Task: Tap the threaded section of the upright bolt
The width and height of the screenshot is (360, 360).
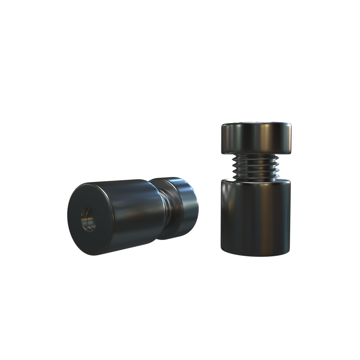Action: pyautogui.click(x=256, y=166)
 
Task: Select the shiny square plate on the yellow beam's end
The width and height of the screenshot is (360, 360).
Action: pyautogui.click(x=294, y=74)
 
